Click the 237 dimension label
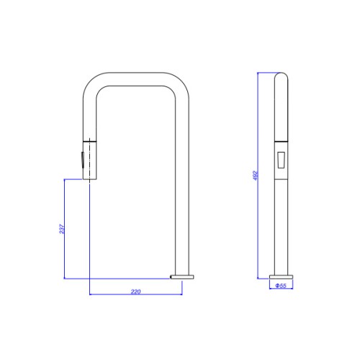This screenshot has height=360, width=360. point(62,229)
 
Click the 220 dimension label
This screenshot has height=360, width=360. point(136,292)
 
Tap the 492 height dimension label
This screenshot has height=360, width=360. point(256,176)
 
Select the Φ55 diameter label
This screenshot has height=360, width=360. point(281,286)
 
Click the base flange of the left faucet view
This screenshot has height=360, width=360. point(182,277)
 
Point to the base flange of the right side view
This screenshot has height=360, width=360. point(281,277)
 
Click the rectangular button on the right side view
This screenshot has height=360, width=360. point(281,160)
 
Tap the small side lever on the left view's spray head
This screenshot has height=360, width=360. point(82,160)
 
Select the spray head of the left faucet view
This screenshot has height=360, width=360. point(90,160)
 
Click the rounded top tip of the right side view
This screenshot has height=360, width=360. point(281,73)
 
